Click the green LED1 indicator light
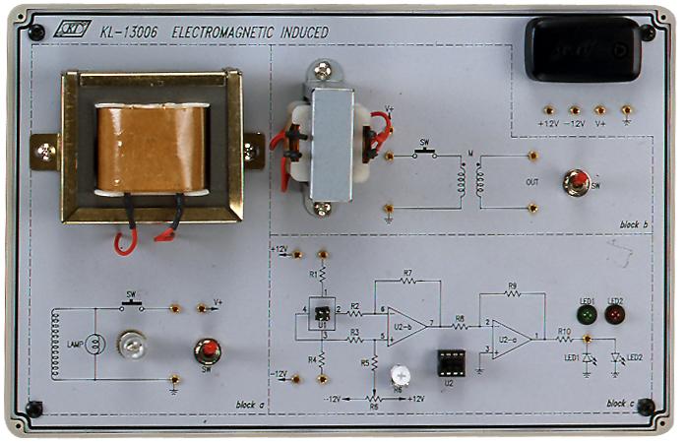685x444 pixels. pyautogui.click(x=586, y=315)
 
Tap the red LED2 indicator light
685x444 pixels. pyautogui.click(x=615, y=315)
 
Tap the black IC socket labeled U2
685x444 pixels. pyautogui.click(x=451, y=362)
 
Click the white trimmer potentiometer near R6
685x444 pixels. pyautogui.click(x=400, y=375)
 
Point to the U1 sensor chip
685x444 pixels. pyautogui.click(x=319, y=311)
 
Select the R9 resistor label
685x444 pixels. pyautogui.click(x=512, y=286)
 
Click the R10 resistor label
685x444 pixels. pyautogui.click(x=564, y=331)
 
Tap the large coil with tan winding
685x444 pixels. pyautogui.click(x=152, y=148)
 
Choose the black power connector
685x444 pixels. pyautogui.click(x=581, y=49)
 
